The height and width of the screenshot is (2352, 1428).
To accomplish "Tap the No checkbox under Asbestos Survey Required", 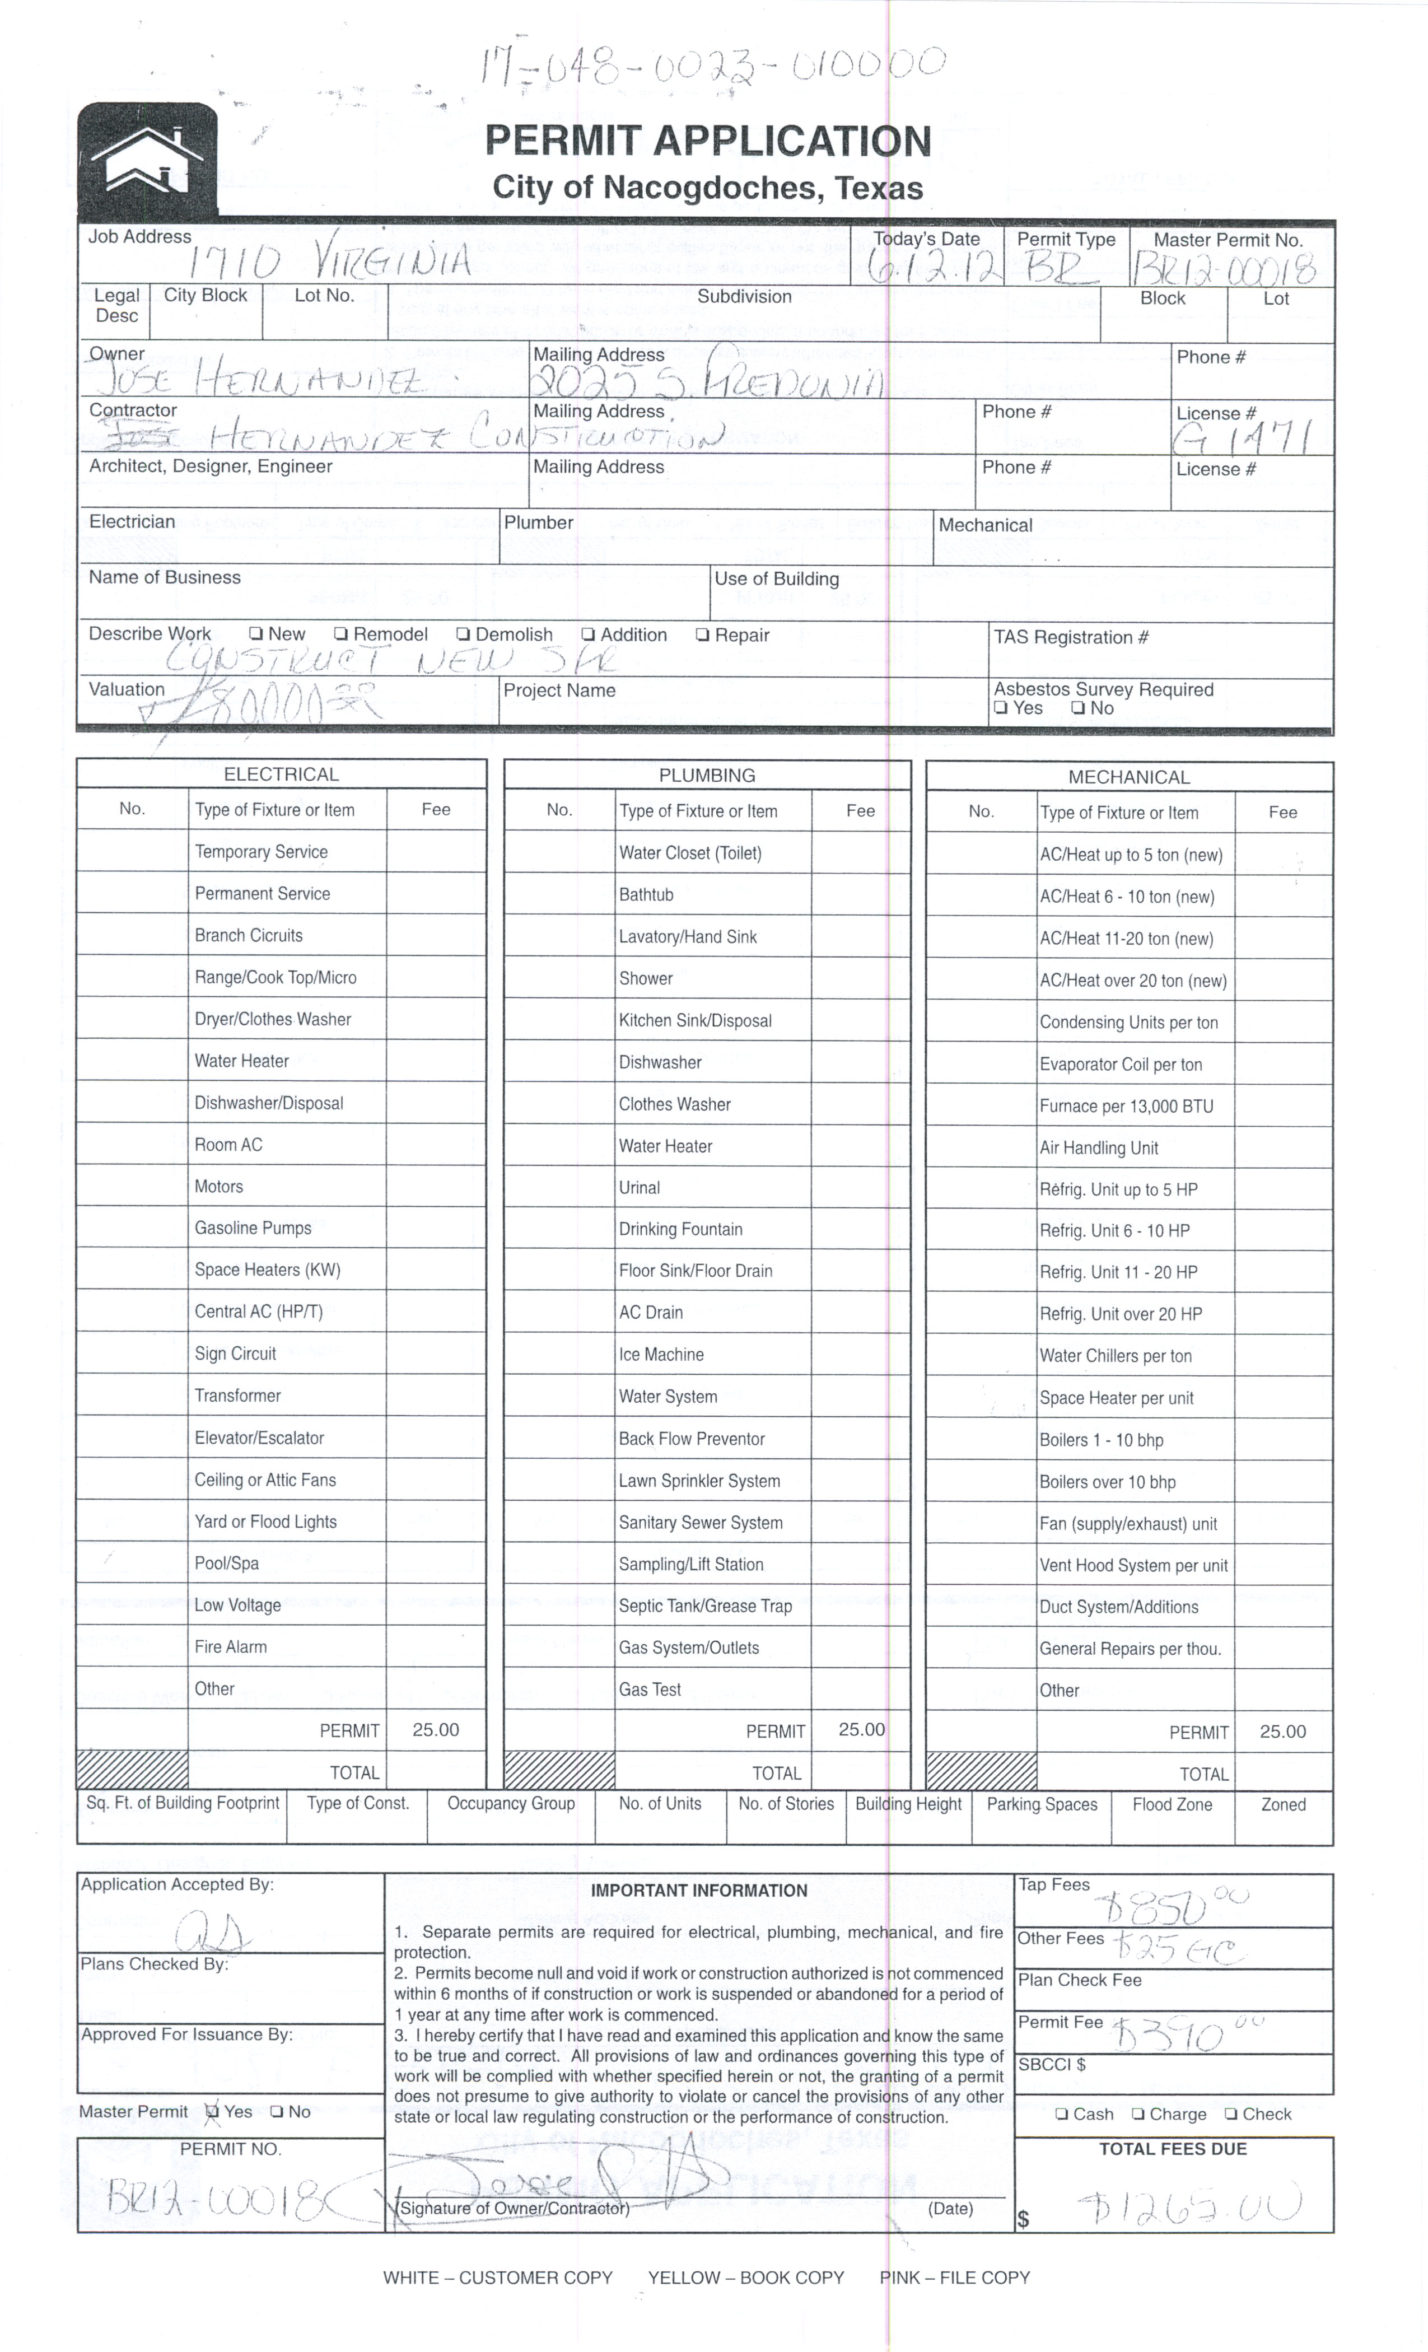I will pos(1077,708).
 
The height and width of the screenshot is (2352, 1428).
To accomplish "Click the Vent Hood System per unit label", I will pos(1133,1565).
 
